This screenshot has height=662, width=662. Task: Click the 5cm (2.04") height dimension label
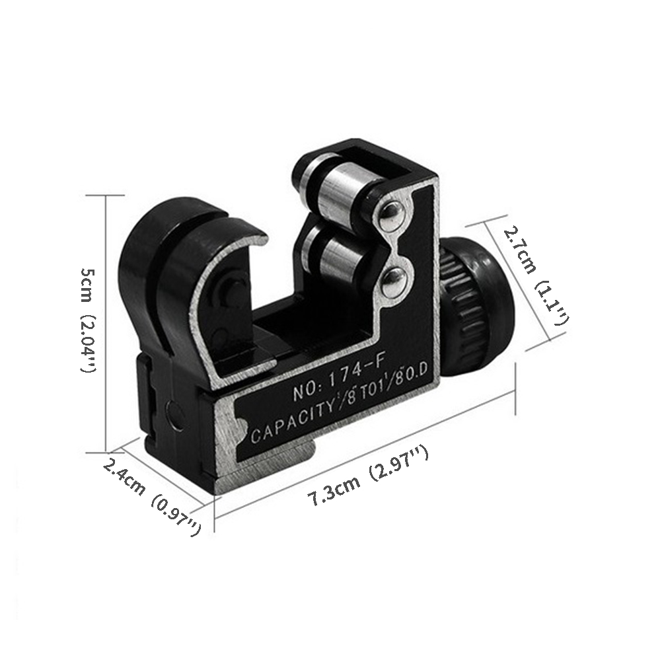(89, 320)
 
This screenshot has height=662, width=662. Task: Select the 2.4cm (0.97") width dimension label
(151, 497)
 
